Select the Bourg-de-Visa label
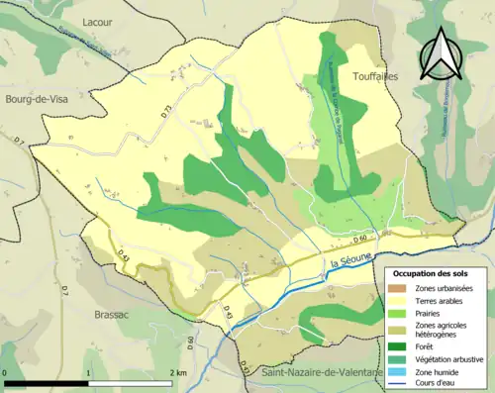tap(36, 128)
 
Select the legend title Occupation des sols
tap(432, 272)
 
